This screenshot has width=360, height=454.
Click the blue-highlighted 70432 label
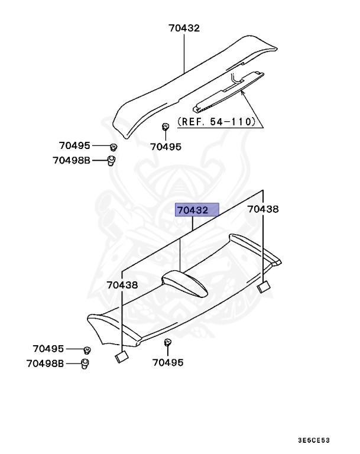pyautogui.click(x=197, y=209)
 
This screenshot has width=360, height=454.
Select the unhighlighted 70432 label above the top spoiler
pyautogui.click(x=184, y=28)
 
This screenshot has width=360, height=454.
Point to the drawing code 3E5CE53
pyautogui.click(x=313, y=440)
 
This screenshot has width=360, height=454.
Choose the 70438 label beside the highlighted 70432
pyautogui.click(x=262, y=209)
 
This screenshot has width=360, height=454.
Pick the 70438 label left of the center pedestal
pyautogui.click(x=122, y=284)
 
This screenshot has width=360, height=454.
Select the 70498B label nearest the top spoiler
pyautogui.click(x=71, y=160)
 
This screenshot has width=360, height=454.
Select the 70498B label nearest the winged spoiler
pyautogui.click(x=45, y=363)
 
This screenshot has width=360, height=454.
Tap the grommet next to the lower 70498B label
pyautogui.click(x=85, y=363)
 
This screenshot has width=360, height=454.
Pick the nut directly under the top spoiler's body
pyautogui.click(x=166, y=127)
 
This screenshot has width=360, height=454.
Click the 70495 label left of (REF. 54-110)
pyautogui.click(x=166, y=147)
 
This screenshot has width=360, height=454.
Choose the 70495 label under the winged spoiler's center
pyautogui.click(x=168, y=362)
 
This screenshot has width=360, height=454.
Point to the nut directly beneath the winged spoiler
pyautogui.click(x=168, y=342)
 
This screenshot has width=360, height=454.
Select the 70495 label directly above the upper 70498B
pyautogui.click(x=74, y=145)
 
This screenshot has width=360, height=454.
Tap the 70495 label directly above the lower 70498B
pyautogui.click(x=48, y=349)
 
